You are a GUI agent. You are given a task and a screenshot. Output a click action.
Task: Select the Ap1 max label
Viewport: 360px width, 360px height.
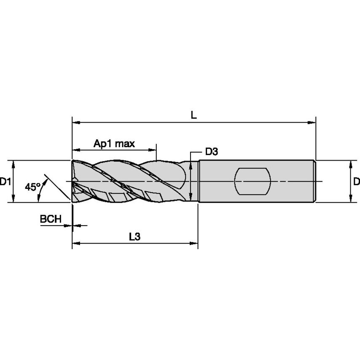coord(114,144)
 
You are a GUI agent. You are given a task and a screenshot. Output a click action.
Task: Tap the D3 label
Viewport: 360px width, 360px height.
coord(211,152)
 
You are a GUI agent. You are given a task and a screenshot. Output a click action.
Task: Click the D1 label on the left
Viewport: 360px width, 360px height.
coord(5,182)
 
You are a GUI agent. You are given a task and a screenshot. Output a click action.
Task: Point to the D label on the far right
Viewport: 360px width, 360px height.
coord(356,182)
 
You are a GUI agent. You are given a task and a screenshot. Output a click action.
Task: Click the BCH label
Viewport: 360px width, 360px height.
coord(51,219)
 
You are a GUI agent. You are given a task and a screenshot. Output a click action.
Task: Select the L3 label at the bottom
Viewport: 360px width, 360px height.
coord(134,237)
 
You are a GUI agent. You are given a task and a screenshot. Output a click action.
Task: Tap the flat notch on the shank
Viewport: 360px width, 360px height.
coord(253,181)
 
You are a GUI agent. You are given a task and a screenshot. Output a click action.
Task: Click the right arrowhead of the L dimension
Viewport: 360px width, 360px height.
coord(312,123)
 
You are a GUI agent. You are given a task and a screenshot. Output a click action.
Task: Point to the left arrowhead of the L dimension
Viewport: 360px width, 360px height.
coord(76,123)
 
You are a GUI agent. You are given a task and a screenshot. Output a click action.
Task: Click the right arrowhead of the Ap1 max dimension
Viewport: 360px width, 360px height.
coord(152,150)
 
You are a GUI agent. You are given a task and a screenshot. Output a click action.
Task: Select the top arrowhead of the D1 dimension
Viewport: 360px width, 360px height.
coord(14,164)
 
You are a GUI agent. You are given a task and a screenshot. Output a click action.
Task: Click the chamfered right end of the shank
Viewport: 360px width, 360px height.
coord(314,181)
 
